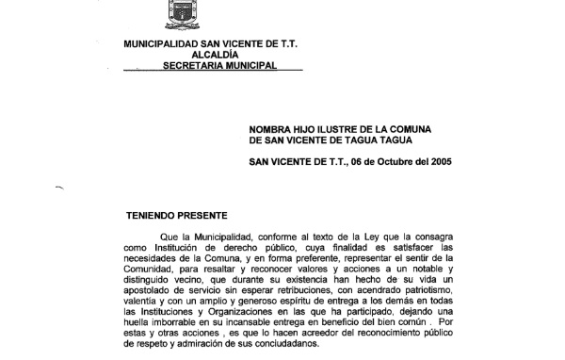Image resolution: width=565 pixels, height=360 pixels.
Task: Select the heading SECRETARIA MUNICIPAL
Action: (x=219, y=66)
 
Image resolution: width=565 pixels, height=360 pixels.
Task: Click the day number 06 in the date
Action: (x=350, y=162)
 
